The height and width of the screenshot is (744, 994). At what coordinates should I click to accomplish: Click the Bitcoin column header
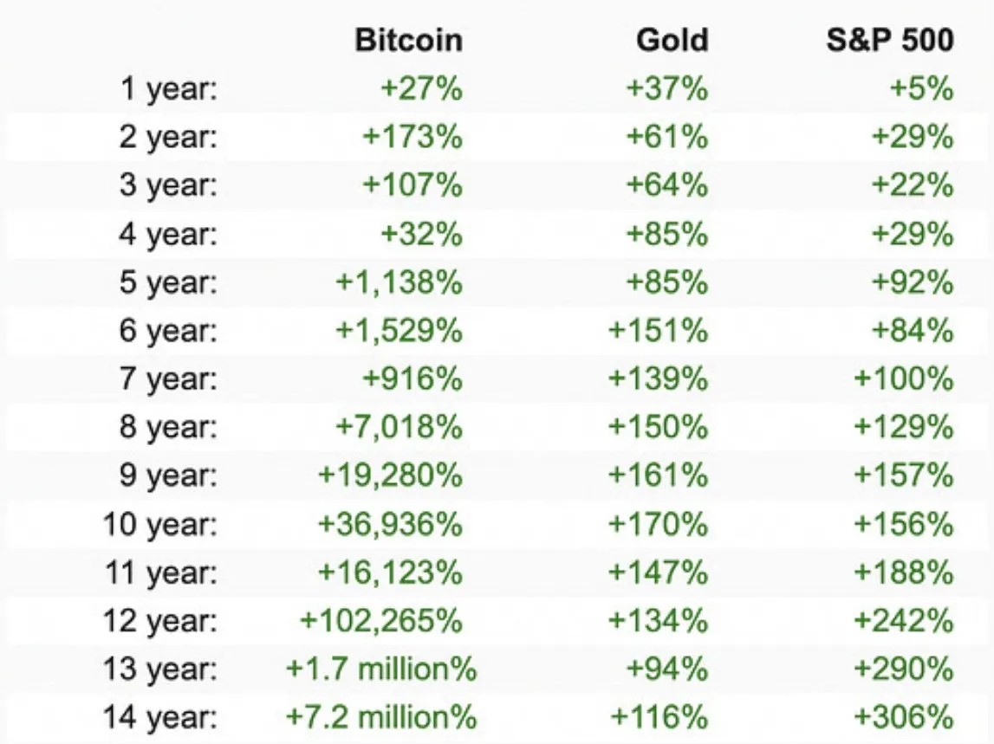point(408,40)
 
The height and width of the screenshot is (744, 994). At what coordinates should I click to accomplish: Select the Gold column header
point(672,40)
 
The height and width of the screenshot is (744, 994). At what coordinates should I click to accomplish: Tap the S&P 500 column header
point(890,40)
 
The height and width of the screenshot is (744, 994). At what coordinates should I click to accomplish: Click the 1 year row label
point(168,89)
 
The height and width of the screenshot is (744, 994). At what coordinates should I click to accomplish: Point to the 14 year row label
point(160,718)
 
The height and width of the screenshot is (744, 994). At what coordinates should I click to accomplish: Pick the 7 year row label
point(168,379)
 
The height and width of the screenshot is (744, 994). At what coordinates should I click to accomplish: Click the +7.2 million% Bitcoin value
point(381,718)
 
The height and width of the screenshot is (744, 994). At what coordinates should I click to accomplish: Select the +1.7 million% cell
point(381,670)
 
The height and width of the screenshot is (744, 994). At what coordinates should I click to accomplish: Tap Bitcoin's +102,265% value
point(381,621)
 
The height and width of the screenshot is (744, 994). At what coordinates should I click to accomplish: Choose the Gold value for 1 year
point(666,89)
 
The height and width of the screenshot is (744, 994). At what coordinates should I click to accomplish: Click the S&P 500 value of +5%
point(921,89)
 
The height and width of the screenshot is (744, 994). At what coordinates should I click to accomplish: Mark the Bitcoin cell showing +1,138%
point(399,282)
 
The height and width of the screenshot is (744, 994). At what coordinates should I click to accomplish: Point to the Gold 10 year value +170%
point(659,524)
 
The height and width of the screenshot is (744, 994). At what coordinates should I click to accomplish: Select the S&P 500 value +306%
point(904,718)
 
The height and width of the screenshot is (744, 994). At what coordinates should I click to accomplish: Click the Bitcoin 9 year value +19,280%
point(391,476)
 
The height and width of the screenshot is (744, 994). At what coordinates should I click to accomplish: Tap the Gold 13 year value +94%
point(666,670)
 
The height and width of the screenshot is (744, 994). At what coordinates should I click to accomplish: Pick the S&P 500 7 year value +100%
point(904,379)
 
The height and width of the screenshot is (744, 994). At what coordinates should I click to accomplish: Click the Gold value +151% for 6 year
point(659,331)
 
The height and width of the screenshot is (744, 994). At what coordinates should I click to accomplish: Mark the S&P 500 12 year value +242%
point(904,621)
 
